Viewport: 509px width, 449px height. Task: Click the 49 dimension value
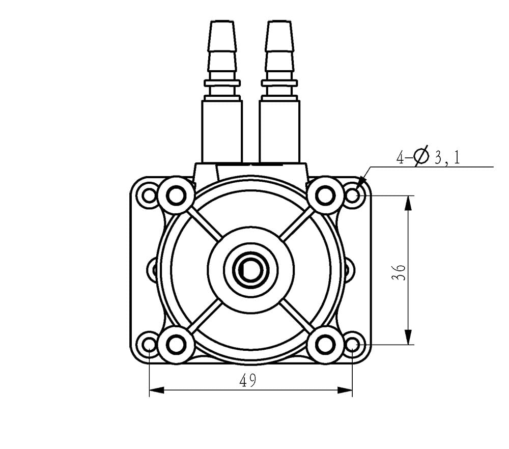coord(248,380)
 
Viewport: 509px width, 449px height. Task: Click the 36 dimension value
coord(399,272)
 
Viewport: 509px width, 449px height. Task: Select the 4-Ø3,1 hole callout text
coord(428,156)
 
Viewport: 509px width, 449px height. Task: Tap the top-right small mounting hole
coord(353,196)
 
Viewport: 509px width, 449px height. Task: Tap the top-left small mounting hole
coord(149,196)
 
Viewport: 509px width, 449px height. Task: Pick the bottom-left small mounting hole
coord(149,344)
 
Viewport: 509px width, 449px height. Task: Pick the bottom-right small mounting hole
coord(353,344)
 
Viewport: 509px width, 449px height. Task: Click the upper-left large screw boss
coord(176,195)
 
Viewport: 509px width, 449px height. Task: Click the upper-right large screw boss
coord(325,195)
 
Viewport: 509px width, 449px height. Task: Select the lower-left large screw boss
coord(176,344)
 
